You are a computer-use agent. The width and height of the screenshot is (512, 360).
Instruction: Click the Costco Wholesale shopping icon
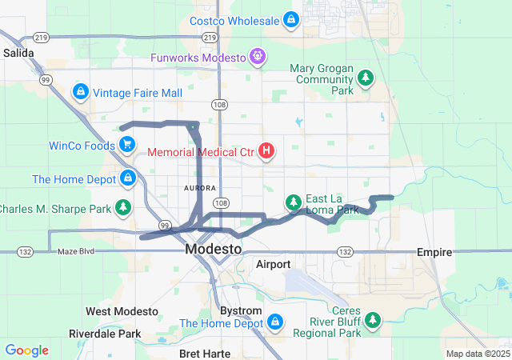tap(292, 19)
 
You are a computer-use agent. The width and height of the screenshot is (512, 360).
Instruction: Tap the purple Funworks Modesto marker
tap(258, 57)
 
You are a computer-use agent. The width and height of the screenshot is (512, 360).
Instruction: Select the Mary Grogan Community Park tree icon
tap(366, 78)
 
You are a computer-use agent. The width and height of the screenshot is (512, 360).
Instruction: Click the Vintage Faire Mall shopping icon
tap(80, 92)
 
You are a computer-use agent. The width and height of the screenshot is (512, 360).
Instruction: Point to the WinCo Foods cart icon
tap(127, 144)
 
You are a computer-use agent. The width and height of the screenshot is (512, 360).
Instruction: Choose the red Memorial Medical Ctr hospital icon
tap(266, 150)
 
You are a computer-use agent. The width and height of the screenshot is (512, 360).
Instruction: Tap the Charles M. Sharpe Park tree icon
tap(123, 208)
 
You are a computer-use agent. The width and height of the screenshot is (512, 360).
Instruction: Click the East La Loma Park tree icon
tap(294, 200)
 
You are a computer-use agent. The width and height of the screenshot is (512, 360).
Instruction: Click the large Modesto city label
tap(213, 250)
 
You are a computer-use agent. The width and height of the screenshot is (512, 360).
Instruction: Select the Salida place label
tap(18, 53)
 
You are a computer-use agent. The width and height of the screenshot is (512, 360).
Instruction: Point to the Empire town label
tap(435, 251)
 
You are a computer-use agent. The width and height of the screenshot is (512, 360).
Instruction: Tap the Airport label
tap(273, 264)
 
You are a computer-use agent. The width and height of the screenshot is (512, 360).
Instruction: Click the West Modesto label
tap(120, 311)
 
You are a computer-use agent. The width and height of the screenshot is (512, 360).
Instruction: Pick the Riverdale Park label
tap(105, 334)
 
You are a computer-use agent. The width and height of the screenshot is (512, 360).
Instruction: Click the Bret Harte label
tap(206, 353)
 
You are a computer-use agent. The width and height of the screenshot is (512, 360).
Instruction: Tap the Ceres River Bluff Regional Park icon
tap(372, 320)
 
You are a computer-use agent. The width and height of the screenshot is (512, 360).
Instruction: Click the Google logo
tap(27, 350)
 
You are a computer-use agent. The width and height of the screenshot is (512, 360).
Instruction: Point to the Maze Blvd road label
tap(77, 252)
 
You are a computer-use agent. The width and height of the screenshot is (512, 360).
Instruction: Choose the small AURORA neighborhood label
tap(200, 188)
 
